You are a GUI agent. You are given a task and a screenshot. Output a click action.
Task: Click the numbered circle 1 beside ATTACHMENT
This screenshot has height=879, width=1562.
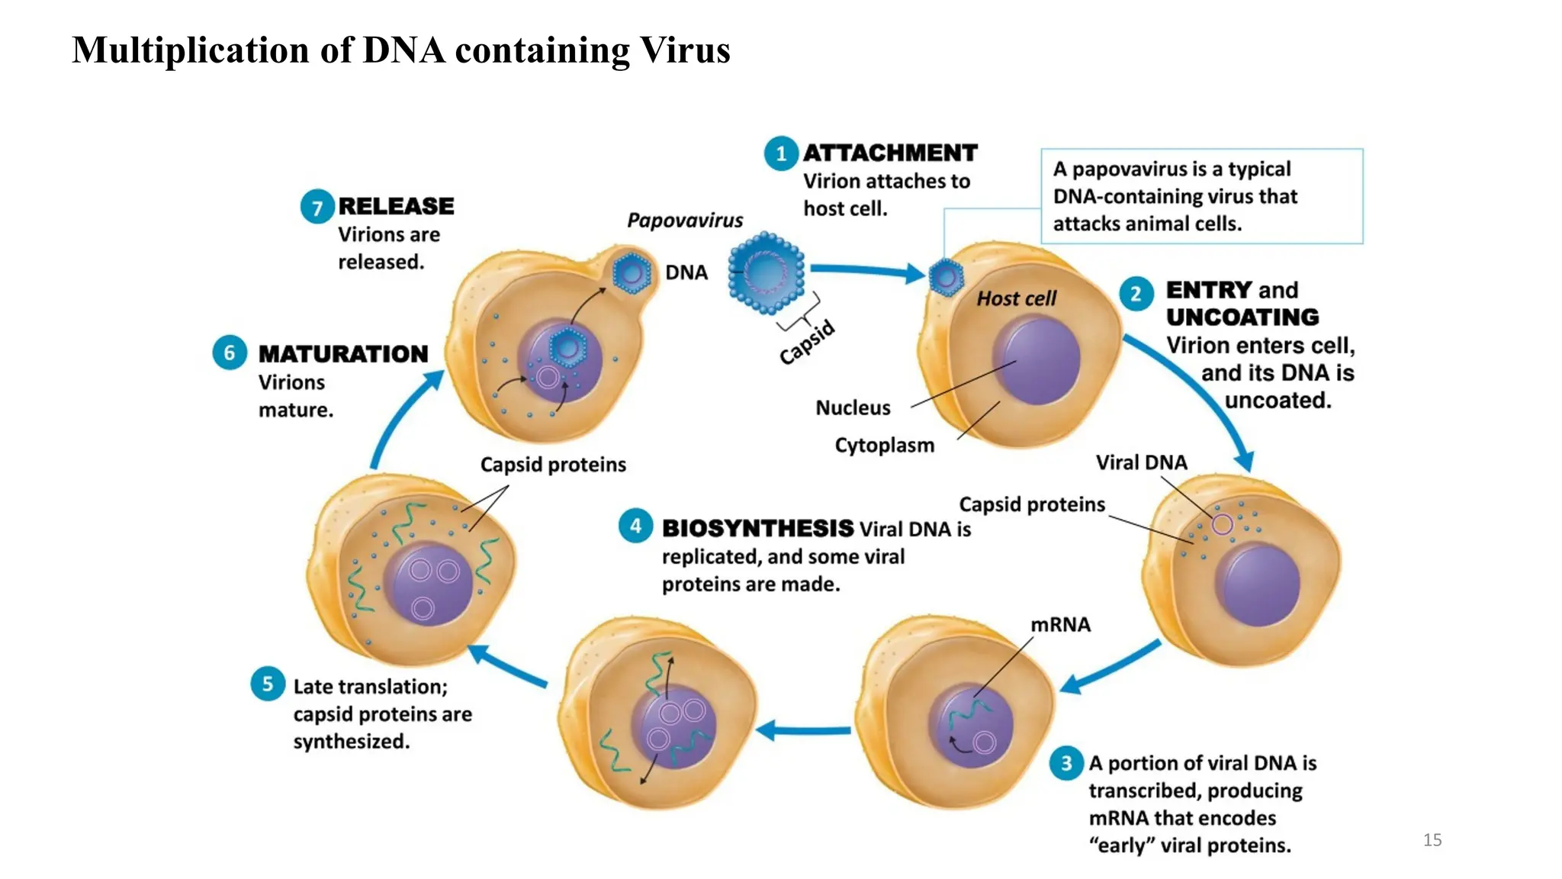coord(780,153)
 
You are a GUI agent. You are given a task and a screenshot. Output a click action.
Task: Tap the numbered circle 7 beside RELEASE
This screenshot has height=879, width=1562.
coord(317,207)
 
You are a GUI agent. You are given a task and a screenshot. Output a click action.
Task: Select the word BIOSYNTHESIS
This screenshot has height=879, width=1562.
coord(757,528)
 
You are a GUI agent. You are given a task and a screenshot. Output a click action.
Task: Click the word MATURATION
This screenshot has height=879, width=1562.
coord(343,354)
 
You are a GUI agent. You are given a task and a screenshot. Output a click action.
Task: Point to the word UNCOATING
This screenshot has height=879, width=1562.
coord(1242,317)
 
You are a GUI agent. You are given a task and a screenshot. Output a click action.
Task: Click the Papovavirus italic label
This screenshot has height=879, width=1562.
coord(684,221)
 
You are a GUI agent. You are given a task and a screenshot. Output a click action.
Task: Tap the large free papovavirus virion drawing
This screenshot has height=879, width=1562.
coord(766,272)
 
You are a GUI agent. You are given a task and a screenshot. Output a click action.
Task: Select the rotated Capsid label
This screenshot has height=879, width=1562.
coord(807,342)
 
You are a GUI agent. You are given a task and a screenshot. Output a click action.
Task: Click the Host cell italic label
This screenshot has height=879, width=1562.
coord(1016,298)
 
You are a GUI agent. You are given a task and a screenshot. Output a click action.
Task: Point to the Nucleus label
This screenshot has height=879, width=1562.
coord(853,408)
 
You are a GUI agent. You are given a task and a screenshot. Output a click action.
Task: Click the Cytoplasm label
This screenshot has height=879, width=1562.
coord(884,445)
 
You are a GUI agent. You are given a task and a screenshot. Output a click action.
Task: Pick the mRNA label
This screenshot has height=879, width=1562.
coord(1060,625)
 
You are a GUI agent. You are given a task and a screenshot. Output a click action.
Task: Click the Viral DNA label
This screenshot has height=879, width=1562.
coord(1141,462)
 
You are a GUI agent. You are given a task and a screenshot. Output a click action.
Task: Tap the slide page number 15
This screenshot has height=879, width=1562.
coord(1432,840)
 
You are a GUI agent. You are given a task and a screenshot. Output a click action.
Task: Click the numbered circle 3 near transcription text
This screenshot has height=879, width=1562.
coord(1066,763)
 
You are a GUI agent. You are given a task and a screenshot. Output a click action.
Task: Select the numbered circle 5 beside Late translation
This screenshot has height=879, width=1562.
coord(267,684)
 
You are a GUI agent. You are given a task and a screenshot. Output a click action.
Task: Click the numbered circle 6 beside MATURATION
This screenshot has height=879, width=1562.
coord(229,353)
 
